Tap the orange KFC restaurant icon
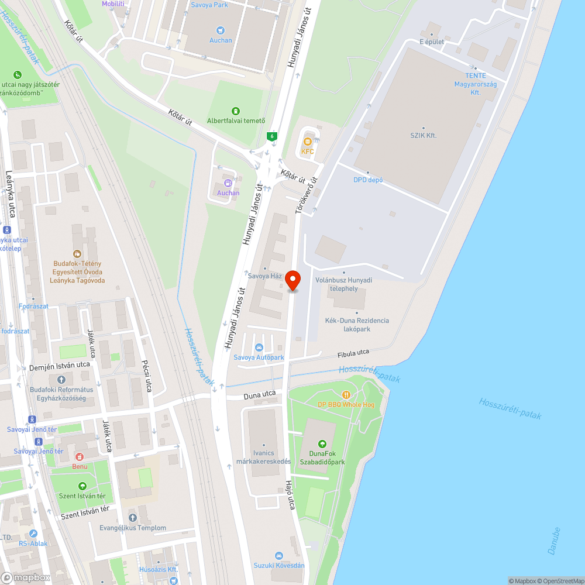[308, 140]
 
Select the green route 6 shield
[271, 136]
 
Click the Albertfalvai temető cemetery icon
[235, 111]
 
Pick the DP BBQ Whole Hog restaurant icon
[346, 395]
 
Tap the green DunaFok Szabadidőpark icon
[321, 445]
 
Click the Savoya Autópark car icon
[259, 347]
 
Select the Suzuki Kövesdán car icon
[279, 555]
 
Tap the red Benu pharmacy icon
[80, 456]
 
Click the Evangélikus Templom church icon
[133, 518]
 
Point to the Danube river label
[556, 541]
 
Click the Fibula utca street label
[353, 353]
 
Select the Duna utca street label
[259, 395]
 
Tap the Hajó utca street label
[289, 495]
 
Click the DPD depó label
[368, 180]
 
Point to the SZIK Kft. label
[423, 135]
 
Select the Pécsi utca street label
[147, 376]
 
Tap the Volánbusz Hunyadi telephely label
[344, 284]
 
